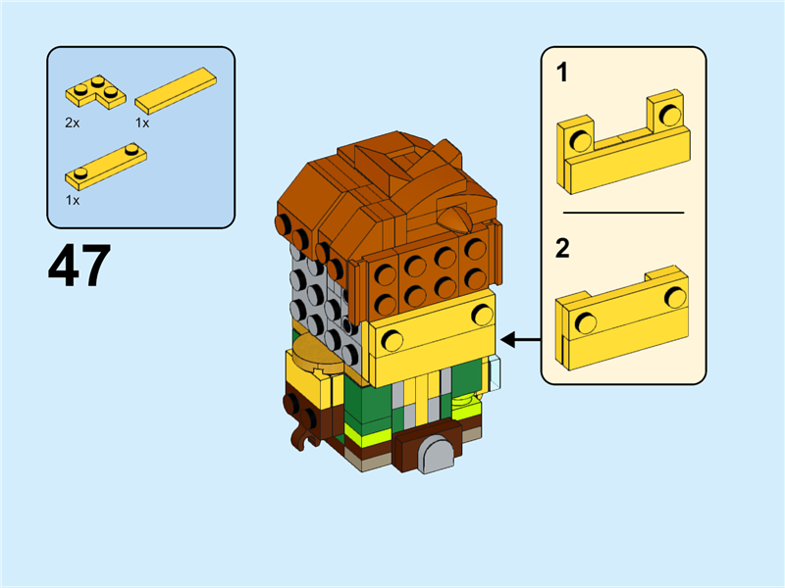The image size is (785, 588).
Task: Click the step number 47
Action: click(x=79, y=266)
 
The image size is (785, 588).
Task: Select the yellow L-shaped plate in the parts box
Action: click(x=96, y=91)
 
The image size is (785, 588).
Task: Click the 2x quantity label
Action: click(x=72, y=123)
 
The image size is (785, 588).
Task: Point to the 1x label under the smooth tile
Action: click(x=142, y=123)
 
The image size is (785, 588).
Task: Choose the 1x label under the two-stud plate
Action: click(x=72, y=199)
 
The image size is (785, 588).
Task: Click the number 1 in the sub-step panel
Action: click(x=562, y=73)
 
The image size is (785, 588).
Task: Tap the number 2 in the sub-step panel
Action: click(x=562, y=248)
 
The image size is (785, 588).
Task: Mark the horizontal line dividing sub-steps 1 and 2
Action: click(x=623, y=212)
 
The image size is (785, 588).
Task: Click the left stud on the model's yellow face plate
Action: click(x=392, y=340)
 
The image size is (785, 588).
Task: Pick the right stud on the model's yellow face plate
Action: click(x=482, y=315)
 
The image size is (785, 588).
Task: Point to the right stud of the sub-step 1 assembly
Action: click(x=670, y=115)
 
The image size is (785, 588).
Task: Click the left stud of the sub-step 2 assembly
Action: click(x=586, y=323)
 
